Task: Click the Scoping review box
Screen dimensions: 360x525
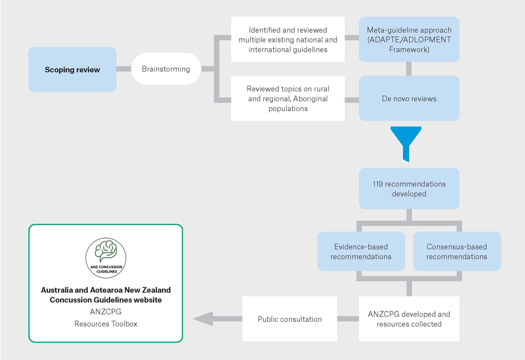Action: [72, 70]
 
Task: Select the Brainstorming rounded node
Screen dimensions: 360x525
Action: [166, 69]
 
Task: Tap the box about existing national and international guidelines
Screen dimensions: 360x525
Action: [287, 40]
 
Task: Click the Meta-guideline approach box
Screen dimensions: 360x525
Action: [409, 40]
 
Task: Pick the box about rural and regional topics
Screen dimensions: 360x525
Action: [287, 98]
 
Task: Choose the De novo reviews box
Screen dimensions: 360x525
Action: [409, 98]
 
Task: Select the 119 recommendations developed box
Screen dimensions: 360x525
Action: [409, 189]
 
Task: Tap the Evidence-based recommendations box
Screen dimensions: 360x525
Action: [361, 252]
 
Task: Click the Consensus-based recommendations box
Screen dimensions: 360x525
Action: [457, 252]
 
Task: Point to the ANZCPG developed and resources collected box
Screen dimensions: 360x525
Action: [409, 319]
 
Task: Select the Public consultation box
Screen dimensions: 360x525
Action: [290, 319]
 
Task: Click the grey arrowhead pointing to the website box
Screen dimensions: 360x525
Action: [202, 319]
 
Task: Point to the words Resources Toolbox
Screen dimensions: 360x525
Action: [106, 324]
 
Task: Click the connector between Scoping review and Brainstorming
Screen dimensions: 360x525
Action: [124, 69]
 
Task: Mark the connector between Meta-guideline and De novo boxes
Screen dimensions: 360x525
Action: [409, 69]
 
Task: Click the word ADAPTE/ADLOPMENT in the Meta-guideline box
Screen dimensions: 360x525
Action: [409, 40]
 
